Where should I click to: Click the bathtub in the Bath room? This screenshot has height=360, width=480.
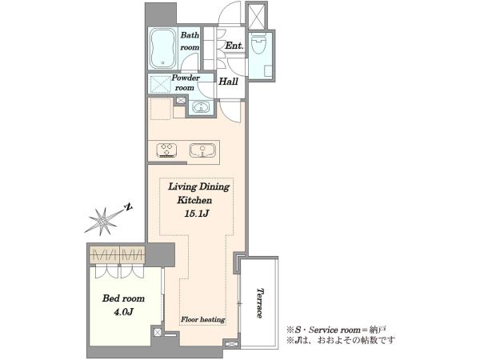click(163, 48)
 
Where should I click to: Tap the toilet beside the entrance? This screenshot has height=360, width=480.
click(258, 43)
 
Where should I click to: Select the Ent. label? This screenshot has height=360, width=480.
click(234, 46)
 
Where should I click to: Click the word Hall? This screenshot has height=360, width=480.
click(228, 82)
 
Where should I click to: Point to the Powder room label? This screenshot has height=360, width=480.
click(185, 82)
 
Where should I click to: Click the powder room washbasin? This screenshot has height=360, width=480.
click(201, 108)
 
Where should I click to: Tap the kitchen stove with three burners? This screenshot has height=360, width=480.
click(166, 150)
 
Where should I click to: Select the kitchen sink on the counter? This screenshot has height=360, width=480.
click(202, 150)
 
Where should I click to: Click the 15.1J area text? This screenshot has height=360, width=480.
click(196, 214)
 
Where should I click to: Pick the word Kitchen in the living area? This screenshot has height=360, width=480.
click(194, 200)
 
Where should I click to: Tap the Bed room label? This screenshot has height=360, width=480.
click(123, 298)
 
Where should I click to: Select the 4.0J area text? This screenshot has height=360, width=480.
click(124, 312)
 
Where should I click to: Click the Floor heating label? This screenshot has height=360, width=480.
click(203, 319)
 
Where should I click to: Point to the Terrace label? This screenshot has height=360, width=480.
click(260, 302)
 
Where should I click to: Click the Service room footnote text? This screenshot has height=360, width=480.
click(336, 330)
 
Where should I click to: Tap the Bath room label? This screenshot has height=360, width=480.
click(190, 41)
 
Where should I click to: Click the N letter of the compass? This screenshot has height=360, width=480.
click(129, 207)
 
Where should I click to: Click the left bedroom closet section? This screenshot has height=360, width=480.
click(104, 254)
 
